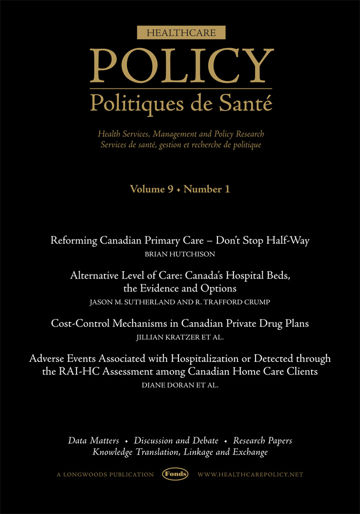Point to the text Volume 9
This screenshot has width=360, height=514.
click(x=151, y=189)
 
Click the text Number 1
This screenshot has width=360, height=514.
click(x=207, y=189)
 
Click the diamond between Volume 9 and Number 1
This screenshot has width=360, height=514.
click(x=178, y=190)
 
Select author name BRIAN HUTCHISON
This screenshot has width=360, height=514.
click(x=179, y=254)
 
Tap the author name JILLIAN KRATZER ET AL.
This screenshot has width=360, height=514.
click(x=179, y=337)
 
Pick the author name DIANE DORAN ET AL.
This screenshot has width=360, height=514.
click(x=179, y=384)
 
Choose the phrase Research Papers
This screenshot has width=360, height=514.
click(x=262, y=441)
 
